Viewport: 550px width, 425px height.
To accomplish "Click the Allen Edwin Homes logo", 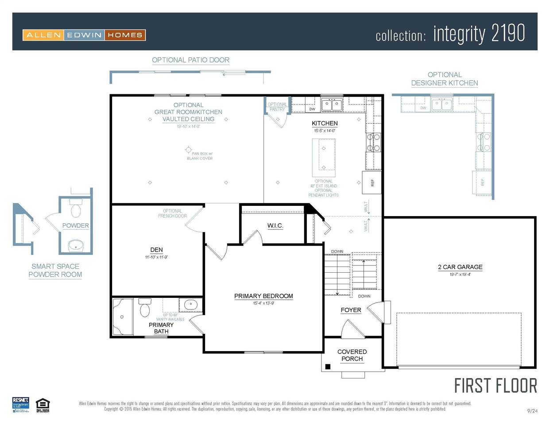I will pos(84,35).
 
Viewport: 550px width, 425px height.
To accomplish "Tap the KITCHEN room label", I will pos(325,124).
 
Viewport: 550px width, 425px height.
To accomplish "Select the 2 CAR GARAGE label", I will pos(460,267).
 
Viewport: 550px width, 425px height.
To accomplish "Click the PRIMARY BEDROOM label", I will pos(263,296).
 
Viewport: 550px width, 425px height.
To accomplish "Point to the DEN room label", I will pos(156,250).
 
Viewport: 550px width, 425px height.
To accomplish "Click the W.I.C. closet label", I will pos(275,226).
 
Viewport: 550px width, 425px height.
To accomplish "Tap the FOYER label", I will pos(351,310).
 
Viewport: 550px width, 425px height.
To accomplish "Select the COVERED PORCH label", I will pos(352,355).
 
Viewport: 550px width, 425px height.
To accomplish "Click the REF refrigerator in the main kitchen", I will pos(372,182).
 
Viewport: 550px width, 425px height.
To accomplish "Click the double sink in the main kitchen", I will pos(332,105).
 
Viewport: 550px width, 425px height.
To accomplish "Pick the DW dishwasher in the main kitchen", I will pos(312,108).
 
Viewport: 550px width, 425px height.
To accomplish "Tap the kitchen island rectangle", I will pos(324,158).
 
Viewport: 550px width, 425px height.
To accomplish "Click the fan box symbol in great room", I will pos(189,150).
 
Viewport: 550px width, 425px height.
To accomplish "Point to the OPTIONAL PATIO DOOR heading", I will pos(190,60).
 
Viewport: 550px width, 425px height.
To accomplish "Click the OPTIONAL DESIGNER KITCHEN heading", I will pos(444,79).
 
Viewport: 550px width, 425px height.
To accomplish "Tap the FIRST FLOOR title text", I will pos(496,386).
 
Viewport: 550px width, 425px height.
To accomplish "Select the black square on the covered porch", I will pos(328,367).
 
